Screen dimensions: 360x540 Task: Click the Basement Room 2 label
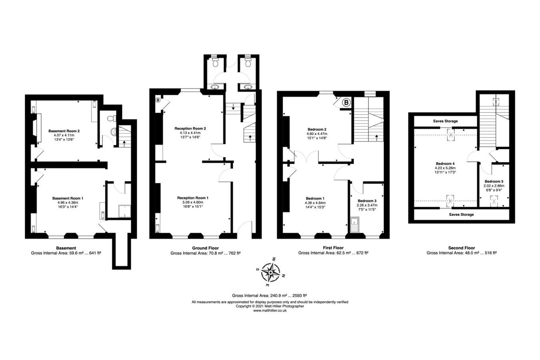[x=64, y=131]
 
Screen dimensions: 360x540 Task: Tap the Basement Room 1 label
[x=68, y=198]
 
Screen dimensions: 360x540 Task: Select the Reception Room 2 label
[x=190, y=128]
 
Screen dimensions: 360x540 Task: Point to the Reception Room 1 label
[x=193, y=198]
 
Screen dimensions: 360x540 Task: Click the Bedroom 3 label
[x=367, y=201]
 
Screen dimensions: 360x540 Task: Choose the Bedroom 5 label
[x=494, y=181]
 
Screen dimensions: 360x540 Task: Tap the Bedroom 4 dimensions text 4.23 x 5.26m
[x=445, y=168]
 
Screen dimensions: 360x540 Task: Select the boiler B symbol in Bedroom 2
[x=346, y=103]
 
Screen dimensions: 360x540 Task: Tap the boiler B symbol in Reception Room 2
[x=158, y=100]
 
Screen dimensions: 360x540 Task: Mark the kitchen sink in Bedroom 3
[x=354, y=225]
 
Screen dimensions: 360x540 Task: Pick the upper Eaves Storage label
[x=445, y=121]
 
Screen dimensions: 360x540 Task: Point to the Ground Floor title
[x=205, y=248]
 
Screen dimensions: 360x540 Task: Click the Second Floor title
[x=461, y=248]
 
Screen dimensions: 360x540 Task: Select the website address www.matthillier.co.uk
[x=270, y=310]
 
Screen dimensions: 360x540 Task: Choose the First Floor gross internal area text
[x=333, y=253]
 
